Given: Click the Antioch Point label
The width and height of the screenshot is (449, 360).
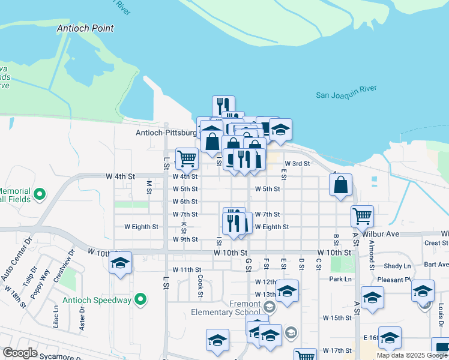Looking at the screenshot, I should [85, 28].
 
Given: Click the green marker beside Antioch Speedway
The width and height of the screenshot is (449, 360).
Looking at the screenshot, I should [140, 298].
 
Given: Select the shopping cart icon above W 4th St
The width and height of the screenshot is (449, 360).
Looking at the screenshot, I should [187, 158].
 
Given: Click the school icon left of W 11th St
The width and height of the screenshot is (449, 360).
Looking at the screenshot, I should [120, 263].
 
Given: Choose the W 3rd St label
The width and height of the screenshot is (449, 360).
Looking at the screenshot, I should [297, 163].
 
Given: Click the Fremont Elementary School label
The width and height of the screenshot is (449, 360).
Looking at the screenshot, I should [226, 308].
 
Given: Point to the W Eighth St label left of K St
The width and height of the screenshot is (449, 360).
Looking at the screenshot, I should [141, 227].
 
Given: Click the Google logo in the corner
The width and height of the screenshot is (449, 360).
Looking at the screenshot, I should [20, 353].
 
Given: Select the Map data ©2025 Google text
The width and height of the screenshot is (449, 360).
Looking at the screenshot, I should [412, 355].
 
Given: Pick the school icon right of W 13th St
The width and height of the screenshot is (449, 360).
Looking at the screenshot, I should [287, 292].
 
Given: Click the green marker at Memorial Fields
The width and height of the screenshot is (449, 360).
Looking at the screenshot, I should [40, 194].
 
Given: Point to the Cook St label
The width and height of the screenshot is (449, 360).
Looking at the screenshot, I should [200, 285].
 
